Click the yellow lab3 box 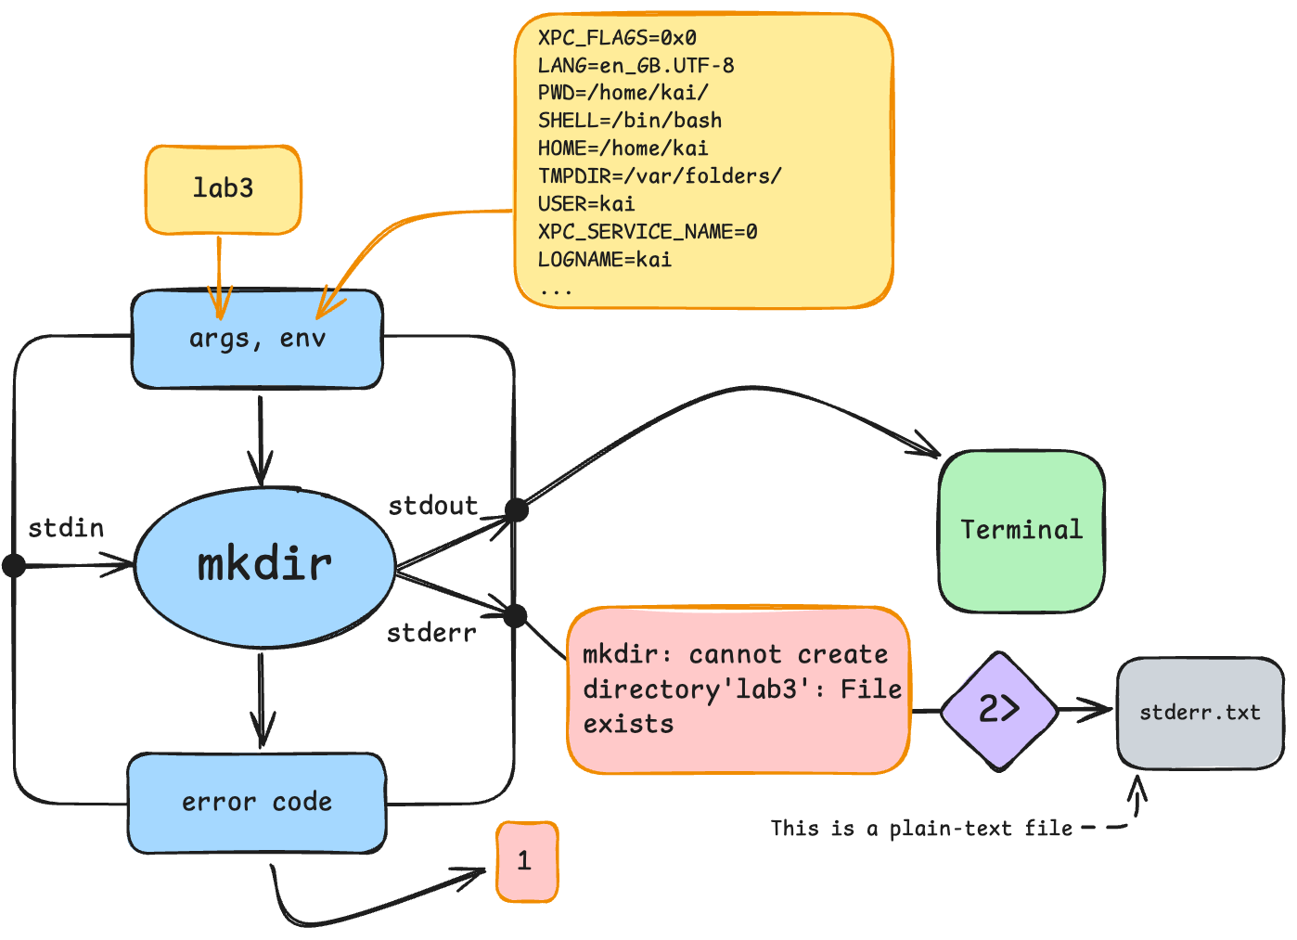pyautogui.click(x=223, y=189)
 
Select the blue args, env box pyautogui.click(x=257, y=339)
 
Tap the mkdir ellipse pyautogui.click(x=265, y=565)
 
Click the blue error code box pyautogui.click(x=257, y=803)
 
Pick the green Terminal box pyautogui.click(x=1021, y=531)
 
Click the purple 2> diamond pyautogui.click(x=999, y=711)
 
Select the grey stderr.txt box pyautogui.click(x=1200, y=713)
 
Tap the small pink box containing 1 pyautogui.click(x=526, y=861)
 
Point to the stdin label pyautogui.click(x=66, y=529)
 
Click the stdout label pyautogui.click(x=432, y=506)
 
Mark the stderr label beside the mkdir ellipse pyautogui.click(x=431, y=634)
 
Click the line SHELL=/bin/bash pyautogui.click(x=630, y=121)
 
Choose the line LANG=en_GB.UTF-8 pyautogui.click(x=636, y=65)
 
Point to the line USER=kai pyautogui.click(x=586, y=204)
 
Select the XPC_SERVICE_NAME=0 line pyautogui.click(x=648, y=232)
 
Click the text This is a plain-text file pyautogui.click(x=921, y=829)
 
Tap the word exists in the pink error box pyautogui.click(x=628, y=725)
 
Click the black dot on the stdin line pyautogui.click(x=14, y=564)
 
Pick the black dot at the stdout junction pyautogui.click(x=517, y=509)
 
